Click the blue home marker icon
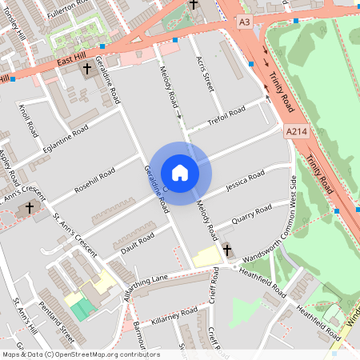click(180, 173)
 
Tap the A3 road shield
click(245, 23)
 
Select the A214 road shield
click(295, 130)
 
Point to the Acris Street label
click(206, 71)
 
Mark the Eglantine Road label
click(66, 142)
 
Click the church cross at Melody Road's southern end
click(226, 250)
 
